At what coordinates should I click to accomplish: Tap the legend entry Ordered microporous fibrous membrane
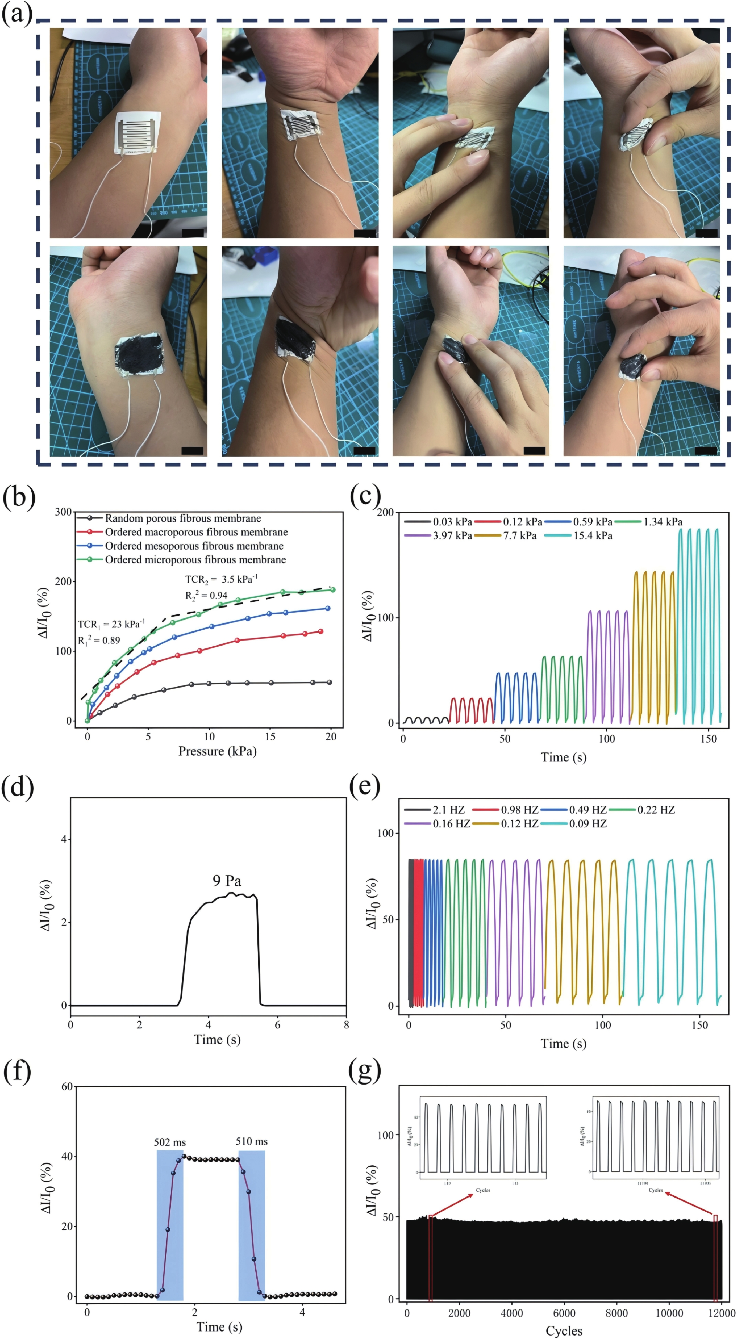point(195,560)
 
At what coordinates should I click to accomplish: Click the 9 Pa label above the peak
point(227,881)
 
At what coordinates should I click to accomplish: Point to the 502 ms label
point(170,1142)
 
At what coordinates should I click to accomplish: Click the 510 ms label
point(252,1141)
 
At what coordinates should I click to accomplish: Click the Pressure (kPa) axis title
point(217,751)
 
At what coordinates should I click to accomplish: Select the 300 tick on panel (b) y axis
point(63,512)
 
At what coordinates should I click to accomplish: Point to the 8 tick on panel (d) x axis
point(346,1025)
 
